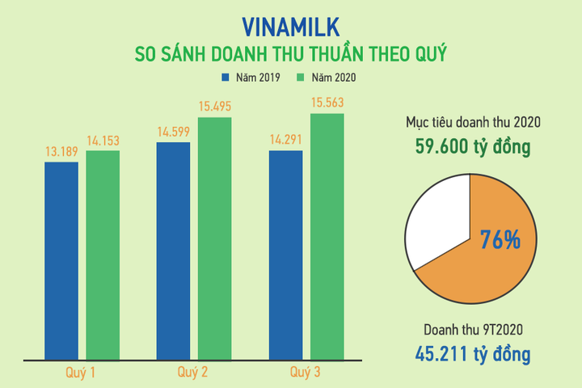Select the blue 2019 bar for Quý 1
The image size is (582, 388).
click(61, 259)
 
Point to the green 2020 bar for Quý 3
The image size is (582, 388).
click(327, 235)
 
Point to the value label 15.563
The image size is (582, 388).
click(327, 103)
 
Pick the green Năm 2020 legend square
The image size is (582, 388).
click(300, 78)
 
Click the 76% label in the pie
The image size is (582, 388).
click(500, 241)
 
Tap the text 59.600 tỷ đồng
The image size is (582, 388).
click(468, 148)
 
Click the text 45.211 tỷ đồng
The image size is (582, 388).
click(468, 354)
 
